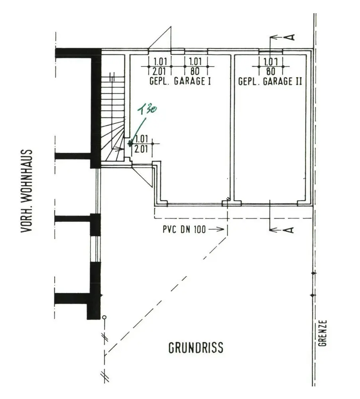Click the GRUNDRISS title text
[196, 348]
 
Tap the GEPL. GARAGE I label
[180, 81]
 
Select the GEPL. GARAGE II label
[270, 81]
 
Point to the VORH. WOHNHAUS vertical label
[26, 191]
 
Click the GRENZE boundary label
[323, 333]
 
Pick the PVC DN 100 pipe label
[184, 229]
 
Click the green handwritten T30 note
[147, 109]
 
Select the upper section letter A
[289, 37]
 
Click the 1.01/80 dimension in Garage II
[271, 66]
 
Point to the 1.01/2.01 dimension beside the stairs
[141, 144]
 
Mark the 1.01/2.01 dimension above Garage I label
[160, 66]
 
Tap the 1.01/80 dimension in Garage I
[195, 66]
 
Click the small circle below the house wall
[104, 317]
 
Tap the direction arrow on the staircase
[118, 149]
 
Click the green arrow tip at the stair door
[131, 144]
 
